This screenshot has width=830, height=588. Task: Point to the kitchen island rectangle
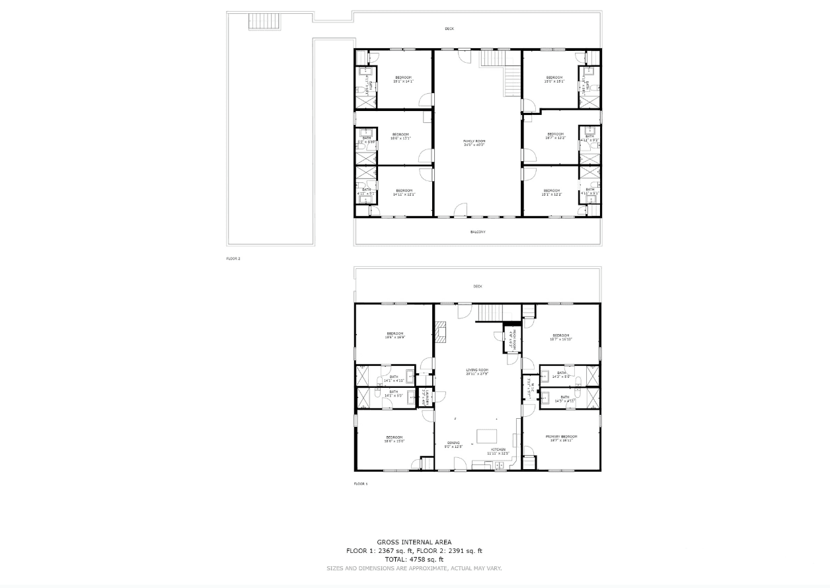[487, 437]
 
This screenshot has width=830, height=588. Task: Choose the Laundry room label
[428, 397]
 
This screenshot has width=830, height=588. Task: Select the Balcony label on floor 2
[478, 232]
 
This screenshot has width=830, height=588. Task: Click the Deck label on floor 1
[478, 286]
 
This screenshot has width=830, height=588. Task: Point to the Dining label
[453, 445]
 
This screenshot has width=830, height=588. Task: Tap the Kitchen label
[498, 451]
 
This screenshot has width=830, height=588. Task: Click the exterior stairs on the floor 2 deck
[265, 22]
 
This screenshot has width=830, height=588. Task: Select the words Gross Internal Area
[414, 542]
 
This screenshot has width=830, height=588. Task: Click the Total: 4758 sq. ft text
[414, 560]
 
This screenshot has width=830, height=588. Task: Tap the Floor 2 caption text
[233, 258]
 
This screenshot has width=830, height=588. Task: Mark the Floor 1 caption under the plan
[361, 484]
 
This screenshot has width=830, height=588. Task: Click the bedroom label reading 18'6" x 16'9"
[395, 336]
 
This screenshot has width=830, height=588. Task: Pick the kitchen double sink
[500, 466]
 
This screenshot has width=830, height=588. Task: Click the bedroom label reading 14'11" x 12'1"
[403, 192]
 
